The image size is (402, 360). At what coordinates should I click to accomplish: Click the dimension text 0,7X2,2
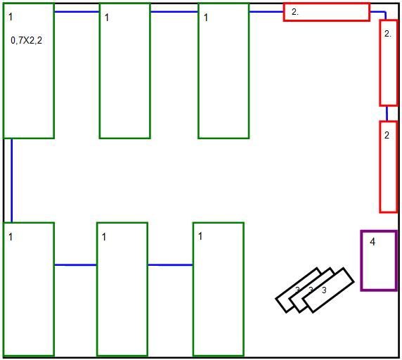(x=27, y=41)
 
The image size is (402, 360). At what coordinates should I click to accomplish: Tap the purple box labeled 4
(x=361, y=261)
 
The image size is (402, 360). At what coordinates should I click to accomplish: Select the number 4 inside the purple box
(x=372, y=242)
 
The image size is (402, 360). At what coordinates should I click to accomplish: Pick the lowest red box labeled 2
(x=381, y=167)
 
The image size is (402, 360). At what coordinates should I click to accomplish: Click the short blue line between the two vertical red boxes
(x=387, y=113)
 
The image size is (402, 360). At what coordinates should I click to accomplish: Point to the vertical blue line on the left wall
(x=11, y=181)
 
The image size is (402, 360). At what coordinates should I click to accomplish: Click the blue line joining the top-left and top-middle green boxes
(x=77, y=12)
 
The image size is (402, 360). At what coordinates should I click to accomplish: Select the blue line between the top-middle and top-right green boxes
(x=174, y=12)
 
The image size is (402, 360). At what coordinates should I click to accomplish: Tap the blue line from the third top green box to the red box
(x=266, y=12)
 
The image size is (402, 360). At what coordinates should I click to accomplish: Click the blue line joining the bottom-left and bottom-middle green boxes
(x=75, y=265)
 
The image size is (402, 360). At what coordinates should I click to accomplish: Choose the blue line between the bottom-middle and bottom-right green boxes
(x=170, y=265)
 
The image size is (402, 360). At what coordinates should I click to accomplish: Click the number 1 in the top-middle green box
(x=107, y=18)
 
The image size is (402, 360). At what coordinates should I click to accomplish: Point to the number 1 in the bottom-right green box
(x=200, y=236)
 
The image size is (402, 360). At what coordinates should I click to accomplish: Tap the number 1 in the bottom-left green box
(x=11, y=237)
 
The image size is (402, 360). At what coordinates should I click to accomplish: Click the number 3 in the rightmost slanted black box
(x=324, y=290)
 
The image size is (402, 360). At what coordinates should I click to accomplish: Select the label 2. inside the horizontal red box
(x=295, y=12)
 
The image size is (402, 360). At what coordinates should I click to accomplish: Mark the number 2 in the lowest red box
(x=387, y=135)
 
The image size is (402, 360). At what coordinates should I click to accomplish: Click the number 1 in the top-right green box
(x=206, y=18)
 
